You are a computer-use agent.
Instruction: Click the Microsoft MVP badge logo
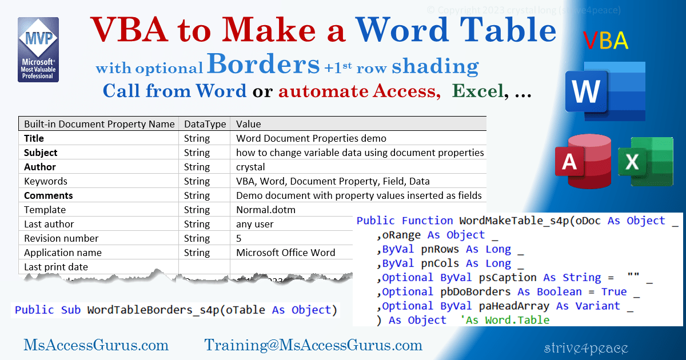click(x=38, y=50)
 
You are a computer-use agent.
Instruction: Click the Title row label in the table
click(x=34, y=138)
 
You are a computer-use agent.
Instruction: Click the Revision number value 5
click(x=239, y=238)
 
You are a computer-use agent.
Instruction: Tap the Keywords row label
click(x=45, y=181)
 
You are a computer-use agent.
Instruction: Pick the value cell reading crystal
click(x=250, y=167)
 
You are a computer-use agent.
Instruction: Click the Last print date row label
click(x=55, y=267)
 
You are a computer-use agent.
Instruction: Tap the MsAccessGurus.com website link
click(x=96, y=345)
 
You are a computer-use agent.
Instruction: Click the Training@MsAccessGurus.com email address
click(x=313, y=345)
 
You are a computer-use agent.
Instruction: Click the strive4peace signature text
click(x=586, y=347)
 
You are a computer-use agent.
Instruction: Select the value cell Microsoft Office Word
click(x=286, y=253)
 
